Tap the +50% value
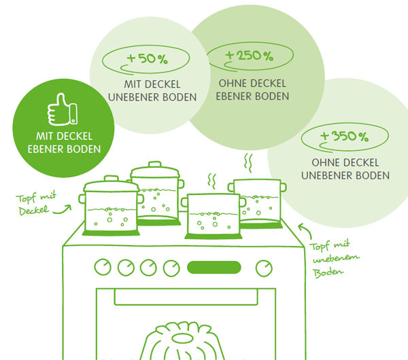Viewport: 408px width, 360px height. pos(148,58)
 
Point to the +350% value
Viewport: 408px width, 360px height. pos(344,136)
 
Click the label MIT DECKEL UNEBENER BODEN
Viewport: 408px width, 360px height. pos(152,90)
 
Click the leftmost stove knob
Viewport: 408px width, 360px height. pos(103,267)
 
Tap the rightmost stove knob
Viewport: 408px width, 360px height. pos(263,268)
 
